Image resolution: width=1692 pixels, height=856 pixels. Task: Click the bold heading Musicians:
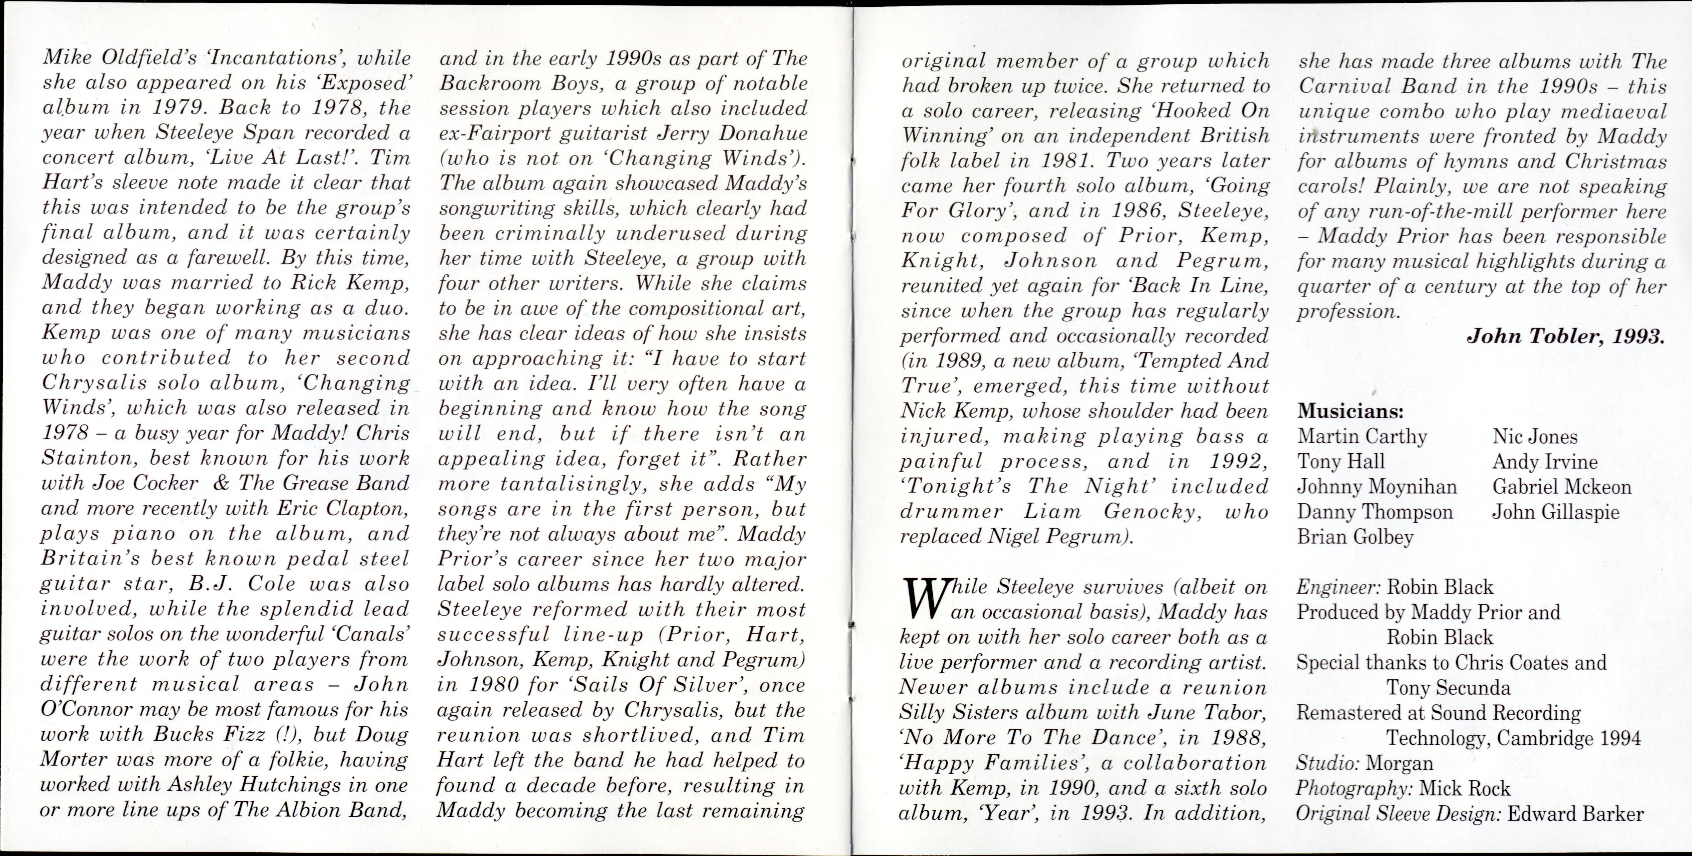[1350, 412]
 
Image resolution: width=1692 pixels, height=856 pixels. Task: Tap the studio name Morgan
[1400, 763]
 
